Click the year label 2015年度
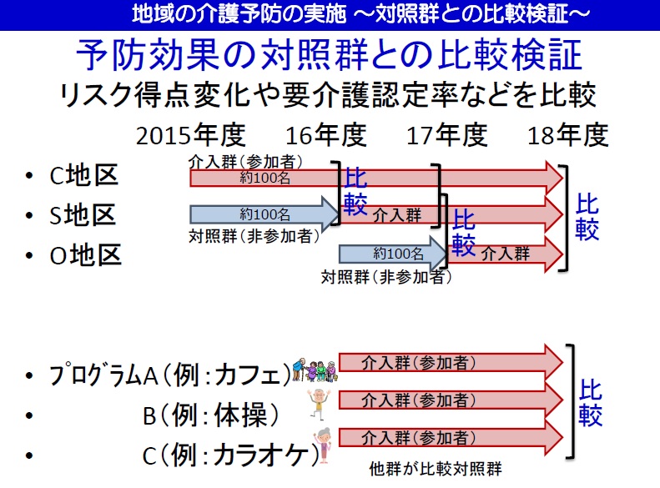click(191, 135)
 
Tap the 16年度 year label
click(326, 135)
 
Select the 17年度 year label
click(447, 135)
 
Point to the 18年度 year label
click(568, 135)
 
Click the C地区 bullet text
click(83, 175)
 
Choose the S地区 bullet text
click(83, 215)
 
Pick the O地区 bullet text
click(85, 255)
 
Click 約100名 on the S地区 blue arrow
click(265, 214)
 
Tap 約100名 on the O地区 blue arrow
click(398, 254)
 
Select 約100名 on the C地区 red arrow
click(265, 178)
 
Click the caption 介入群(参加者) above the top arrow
click(245, 162)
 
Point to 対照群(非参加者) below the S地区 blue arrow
click(254, 236)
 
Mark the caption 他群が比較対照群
click(436, 469)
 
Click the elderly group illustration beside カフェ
click(315, 370)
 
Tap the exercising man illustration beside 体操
click(319, 404)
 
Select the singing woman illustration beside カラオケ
click(323, 445)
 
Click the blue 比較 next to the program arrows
click(590, 403)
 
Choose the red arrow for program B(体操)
click(451, 400)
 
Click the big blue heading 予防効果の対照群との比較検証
click(329, 55)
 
